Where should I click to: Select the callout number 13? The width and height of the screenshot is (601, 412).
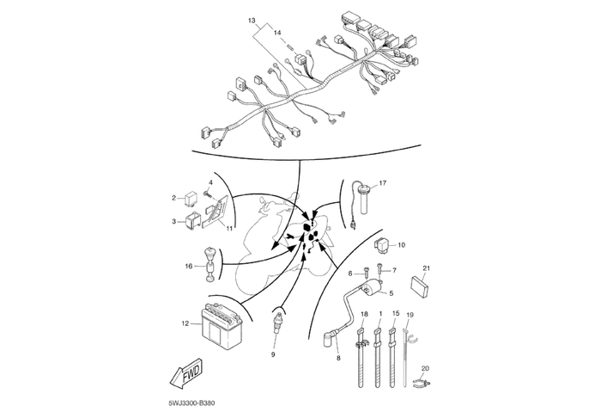click(252, 19)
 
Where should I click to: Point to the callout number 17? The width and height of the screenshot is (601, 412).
click(383, 183)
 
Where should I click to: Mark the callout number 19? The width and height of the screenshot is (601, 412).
click(410, 315)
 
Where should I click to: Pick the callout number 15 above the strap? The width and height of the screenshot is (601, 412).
click(395, 314)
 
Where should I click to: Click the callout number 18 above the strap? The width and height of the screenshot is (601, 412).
click(363, 314)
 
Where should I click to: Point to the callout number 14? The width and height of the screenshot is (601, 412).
click(276, 32)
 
